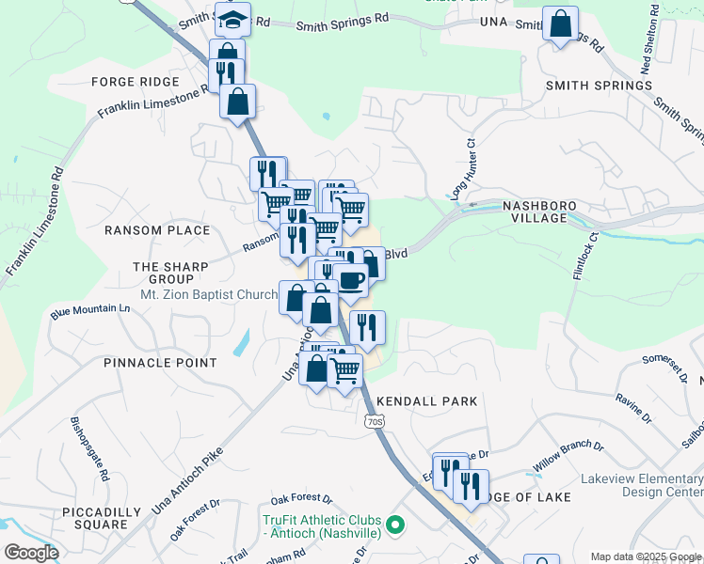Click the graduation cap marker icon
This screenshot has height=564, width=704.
pyautogui.click(x=232, y=18)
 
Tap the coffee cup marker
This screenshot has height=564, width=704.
pyautogui.click(x=351, y=280)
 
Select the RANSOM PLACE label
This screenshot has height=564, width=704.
pyautogui.click(x=157, y=230)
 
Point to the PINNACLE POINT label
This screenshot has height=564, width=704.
pyautogui.click(x=160, y=363)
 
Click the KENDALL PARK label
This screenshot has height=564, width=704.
pyautogui.click(x=427, y=401)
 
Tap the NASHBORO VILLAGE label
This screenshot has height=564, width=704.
pyautogui.click(x=535, y=211)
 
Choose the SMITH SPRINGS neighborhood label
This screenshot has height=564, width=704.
pyautogui.click(x=599, y=86)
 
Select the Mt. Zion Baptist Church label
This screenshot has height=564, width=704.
pyautogui.click(x=209, y=294)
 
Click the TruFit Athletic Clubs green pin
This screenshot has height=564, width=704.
pyautogui.click(x=395, y=525)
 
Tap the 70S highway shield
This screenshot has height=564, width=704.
pyautogui.click(x=374, y=422)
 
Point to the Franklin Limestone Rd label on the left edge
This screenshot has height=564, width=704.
pyautogui.click(x=34, y=222)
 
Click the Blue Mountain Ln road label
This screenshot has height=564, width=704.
pyautogui.click(x=90, y=311)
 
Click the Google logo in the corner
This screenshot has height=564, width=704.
pyautogui.click(x=32, y=552)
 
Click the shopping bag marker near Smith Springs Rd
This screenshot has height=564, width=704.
pyautogui.click(x=560, y=25)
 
